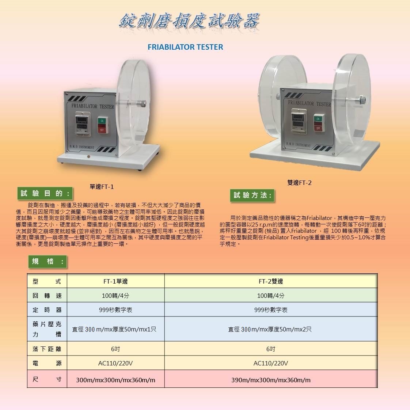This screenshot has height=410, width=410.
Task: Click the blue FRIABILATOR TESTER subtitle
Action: pyautogui.click(x=185, y=47)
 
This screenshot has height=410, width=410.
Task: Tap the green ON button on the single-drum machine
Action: pyautogui.click(x=102, y=121)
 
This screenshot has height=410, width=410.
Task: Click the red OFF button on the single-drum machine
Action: pyautogui.click(x=102, y=129)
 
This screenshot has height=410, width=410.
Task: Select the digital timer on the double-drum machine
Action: pyautogui.click(x=299, y=121)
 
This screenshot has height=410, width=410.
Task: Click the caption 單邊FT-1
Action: pyautogui.click(x=102, y=187)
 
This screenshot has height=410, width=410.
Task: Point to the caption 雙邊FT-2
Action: pyautogui.click(x=299, y=183)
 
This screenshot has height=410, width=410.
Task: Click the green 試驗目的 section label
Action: pyautogui.click(x=45, y=194)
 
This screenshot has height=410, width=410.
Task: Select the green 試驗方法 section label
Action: pyautogui.click(x=253, y=195)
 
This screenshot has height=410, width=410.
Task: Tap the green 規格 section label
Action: pyautogui.click(x=48, y=262)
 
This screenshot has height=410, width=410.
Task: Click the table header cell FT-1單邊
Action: pyautogui.click(x=115, y=281)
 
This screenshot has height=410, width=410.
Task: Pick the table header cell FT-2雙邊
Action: pyautogui.click(x=271, y=281)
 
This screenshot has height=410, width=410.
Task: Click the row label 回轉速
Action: pyautogui.click(x=47, y=296)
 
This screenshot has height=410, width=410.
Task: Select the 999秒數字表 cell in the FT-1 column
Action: pyautogui.click(x=115, y=310)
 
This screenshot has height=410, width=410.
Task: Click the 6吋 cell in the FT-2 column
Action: pyautogui.click(x=271, y=349)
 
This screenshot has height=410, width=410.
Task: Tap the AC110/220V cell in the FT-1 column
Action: pyautogui.click(x=115, y=363)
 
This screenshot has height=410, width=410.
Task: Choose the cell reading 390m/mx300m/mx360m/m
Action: pyautogui.click(x=271, y=380)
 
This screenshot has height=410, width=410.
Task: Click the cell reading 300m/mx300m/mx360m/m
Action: pyautogui.click(x=115, y=380)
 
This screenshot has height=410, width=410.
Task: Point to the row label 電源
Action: pyautogui.click(x=47, y=363)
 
